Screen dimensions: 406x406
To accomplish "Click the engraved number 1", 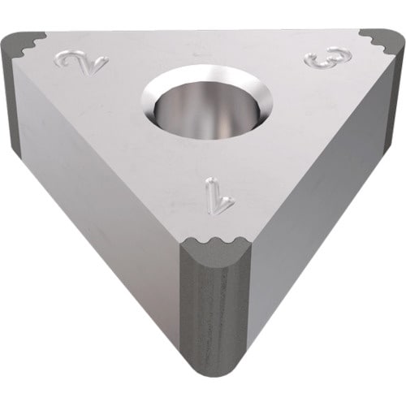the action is click(219, 197).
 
